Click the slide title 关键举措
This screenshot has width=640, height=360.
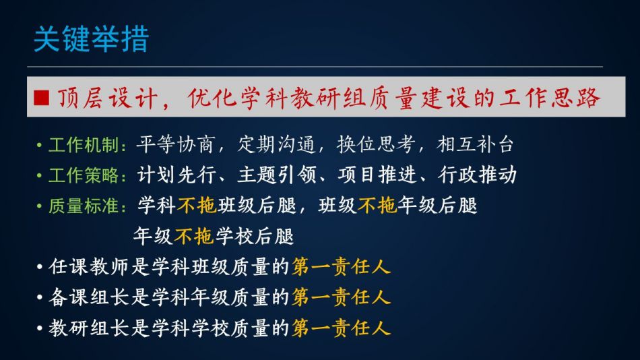tap(92, 39)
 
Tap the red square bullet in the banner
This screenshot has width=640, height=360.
tap(42, 98)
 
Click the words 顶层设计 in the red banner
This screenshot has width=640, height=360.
tap(108, 98)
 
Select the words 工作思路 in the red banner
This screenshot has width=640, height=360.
tap(549, 98)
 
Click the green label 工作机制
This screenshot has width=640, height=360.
tap(84, 145)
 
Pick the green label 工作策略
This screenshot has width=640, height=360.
tap(84, 175)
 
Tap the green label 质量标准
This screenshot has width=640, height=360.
tap(84, 206)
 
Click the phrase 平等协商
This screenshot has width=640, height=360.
tap(175, 145)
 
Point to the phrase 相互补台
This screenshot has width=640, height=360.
tap(474, 145)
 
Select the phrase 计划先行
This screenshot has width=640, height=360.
tap(177, 175)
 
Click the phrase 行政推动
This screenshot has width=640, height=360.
tap(478, 175)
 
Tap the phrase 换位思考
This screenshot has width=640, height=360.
tap(376, 145)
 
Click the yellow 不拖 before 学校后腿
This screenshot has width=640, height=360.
tap(194, 236)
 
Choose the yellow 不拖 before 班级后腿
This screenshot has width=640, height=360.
tap(197, 206)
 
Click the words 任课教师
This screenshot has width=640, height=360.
tap(88, 267)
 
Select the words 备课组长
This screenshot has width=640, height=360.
tap(88, 297)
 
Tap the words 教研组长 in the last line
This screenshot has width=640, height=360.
tap(88, 328)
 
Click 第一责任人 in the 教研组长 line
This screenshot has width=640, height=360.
tap(342, 328)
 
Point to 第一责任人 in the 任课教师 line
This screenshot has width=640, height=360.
tap(342, 267)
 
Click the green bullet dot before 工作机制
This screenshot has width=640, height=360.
tap(39, 145)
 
